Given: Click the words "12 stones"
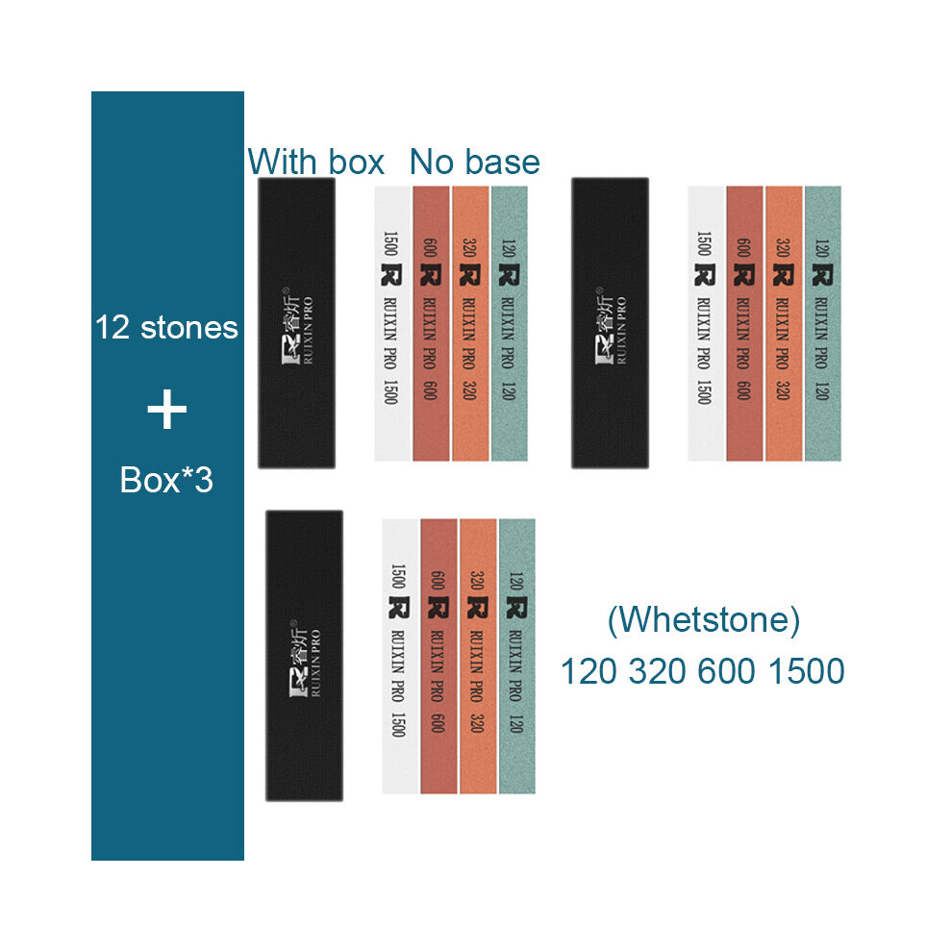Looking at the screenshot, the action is (x=166, y=327).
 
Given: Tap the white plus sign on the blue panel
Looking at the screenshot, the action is (x=167, y=410).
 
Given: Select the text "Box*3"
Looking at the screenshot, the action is (x=166, y=480).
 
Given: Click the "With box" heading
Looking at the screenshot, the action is (x=315, y=163).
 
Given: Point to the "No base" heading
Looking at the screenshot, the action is (x=475, y=163).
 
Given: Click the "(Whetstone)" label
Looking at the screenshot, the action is (x=704, y=620).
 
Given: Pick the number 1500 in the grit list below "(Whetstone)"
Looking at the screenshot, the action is (x=806, y=671).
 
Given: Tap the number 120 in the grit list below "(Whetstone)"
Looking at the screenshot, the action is (x=589, y=671).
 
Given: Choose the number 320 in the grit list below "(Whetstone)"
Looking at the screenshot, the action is (x=658, y=671).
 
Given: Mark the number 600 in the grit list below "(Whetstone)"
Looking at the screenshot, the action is (x=727, y=671).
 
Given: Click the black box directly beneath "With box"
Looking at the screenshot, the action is (x=297, y=323).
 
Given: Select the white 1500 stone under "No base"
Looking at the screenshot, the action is (x=393, y=324).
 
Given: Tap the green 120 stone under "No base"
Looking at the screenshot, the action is (x=510, y=324).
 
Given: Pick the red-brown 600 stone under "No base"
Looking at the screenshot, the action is (x=431, y=324).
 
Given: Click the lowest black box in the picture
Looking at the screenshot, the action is (x=304, y=656).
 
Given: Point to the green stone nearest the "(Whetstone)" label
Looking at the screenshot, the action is (x=516, y=657).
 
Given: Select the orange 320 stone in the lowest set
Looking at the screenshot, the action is (x=478, y=657).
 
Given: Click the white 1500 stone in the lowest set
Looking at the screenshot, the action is (x=401, y=657).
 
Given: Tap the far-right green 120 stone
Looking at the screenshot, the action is (x=823, y=324).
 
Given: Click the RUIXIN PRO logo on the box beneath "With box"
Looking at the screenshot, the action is (x=298, y=326).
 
